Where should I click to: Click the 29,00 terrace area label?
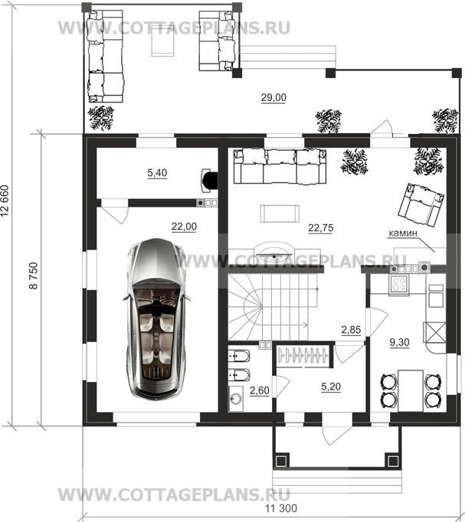click(273, 97)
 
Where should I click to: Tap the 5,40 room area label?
click(157, 173)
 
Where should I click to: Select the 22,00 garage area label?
click(184, 227)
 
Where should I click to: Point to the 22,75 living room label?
click(320, 228)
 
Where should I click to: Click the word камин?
click(403, 233)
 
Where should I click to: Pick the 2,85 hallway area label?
click(351, 330)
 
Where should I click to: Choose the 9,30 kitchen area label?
click(399, 342)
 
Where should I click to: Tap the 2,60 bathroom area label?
click(260, 390)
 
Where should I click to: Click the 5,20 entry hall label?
click(331, 387)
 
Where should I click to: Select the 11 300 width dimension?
click(281, 508)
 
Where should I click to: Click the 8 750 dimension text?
click(34, 276)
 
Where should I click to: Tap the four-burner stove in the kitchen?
click(399, 285)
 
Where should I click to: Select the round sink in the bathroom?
click(236, 399)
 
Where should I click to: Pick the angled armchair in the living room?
click(421, 205)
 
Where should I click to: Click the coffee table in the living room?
click(280, 214)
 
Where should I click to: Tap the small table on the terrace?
click(163, 42)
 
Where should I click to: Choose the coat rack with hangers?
click(303, 356)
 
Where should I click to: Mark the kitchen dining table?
click(411, 390)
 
